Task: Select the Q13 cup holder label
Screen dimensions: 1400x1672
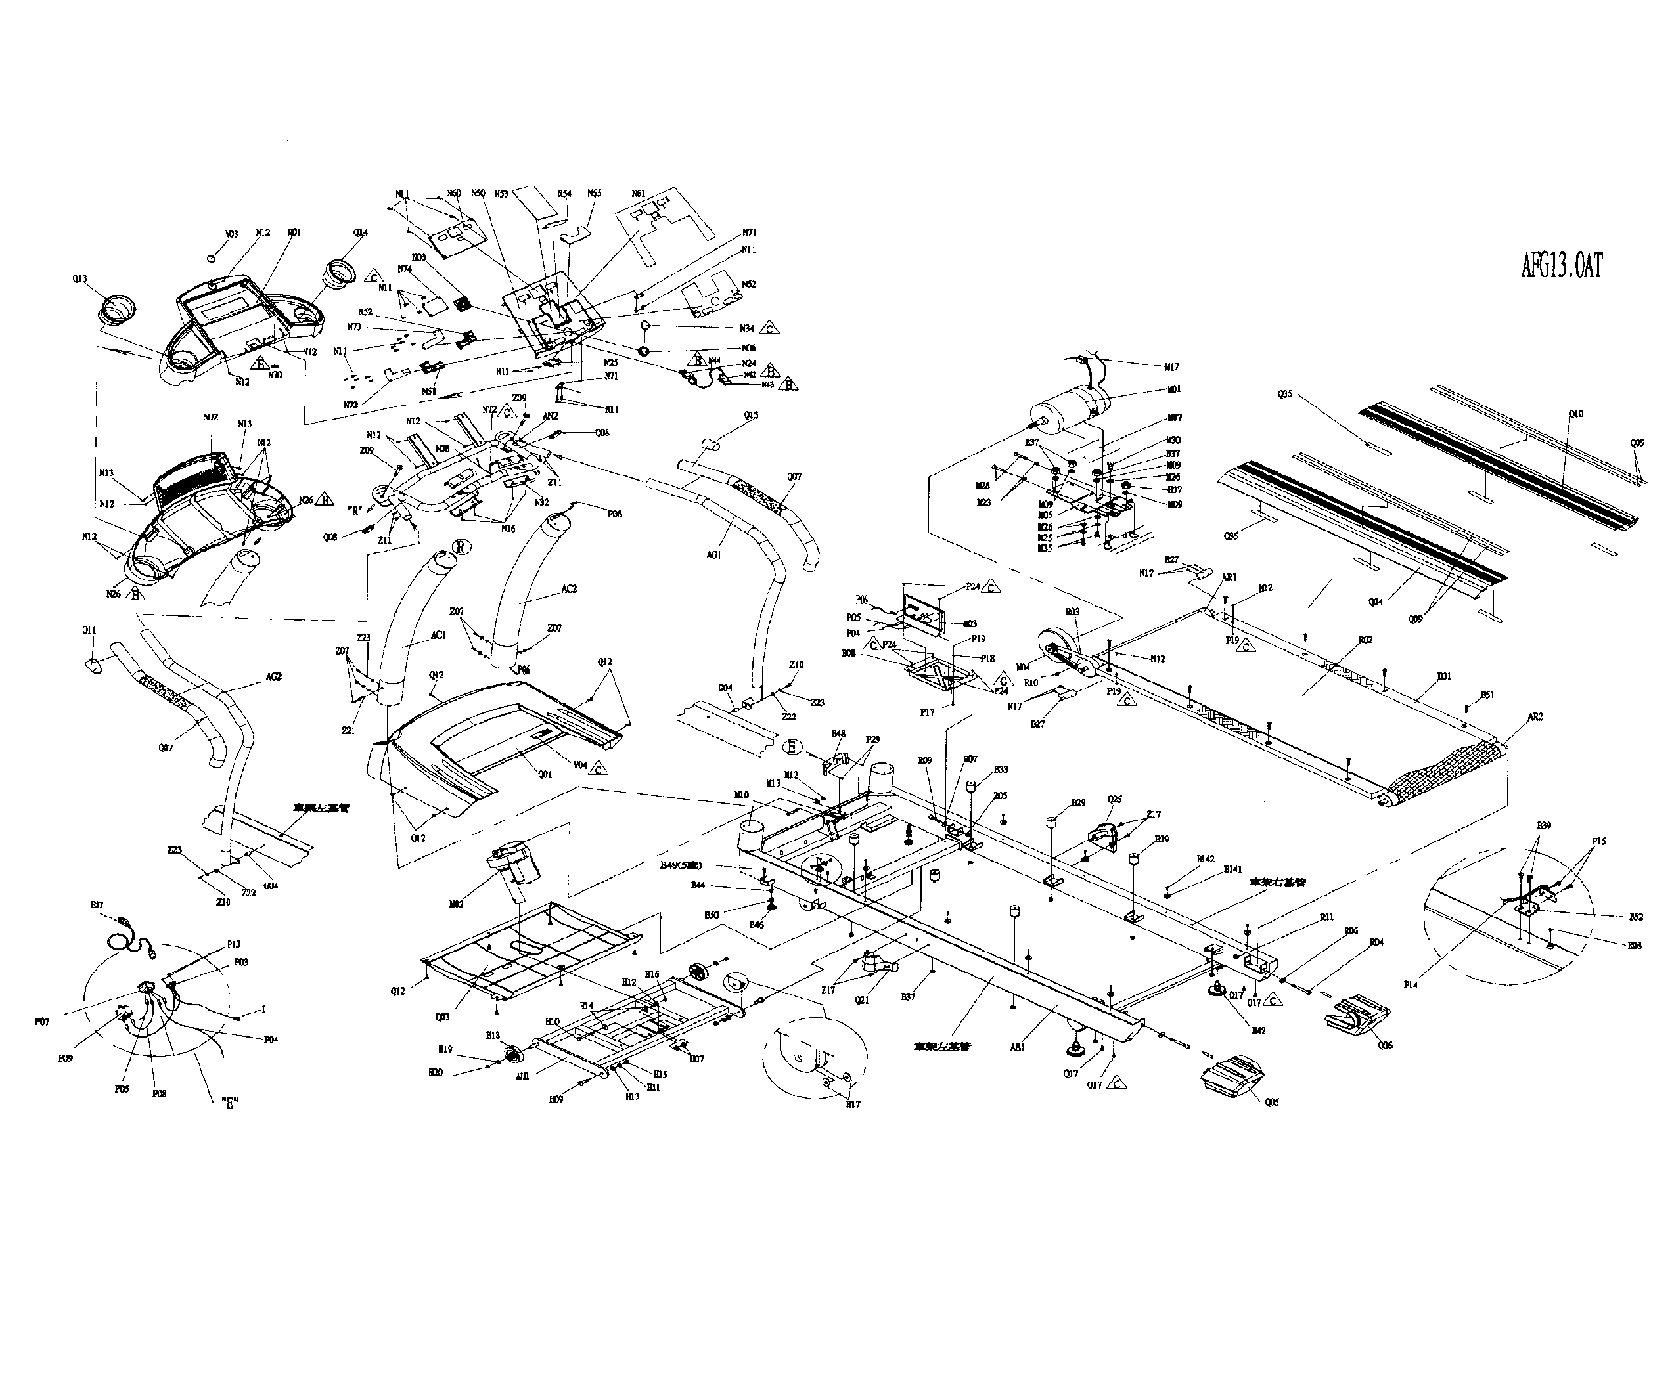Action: (x=79, y=279)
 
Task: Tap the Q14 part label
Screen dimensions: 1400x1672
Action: (x=361, y=232)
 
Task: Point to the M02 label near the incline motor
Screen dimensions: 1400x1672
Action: (x=456, y=904)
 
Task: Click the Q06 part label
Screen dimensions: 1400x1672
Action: (x=1386, y=1045)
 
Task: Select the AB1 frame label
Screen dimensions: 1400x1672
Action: (x=1017, y=1048)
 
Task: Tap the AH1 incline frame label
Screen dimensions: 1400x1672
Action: (x=522, y=1076)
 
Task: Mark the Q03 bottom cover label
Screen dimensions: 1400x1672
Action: (x=443, y=1017)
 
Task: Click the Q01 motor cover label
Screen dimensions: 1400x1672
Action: (x=545, y=774)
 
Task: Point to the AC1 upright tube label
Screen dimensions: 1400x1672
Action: (x=438, y=635)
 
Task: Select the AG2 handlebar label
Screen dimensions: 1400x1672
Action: (x=273, y=676)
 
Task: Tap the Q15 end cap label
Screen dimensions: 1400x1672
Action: (x=752, y=416)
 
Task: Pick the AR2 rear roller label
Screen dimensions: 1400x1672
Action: (x=1535, y=716)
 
